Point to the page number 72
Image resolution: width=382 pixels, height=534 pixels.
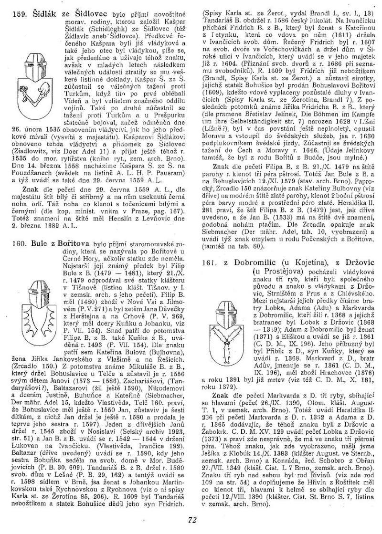[190, 522]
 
